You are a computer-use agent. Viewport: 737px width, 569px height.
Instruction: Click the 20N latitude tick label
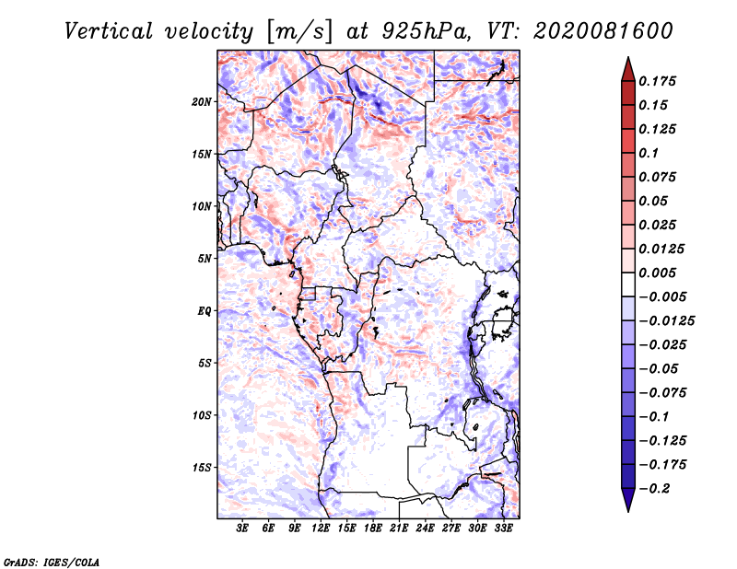tap(202, 101)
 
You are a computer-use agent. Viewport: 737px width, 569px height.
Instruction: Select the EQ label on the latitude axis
tap(205, 311)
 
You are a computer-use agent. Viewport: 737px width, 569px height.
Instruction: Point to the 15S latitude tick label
tap(202, 468)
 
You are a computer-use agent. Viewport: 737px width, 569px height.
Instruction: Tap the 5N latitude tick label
tap(205, 259)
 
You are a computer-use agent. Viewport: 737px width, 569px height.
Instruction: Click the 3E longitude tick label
tap(243, 528)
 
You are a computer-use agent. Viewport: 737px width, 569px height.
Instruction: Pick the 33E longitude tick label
tap(503, 528)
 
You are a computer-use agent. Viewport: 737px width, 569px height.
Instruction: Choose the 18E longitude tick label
tap(373, 528)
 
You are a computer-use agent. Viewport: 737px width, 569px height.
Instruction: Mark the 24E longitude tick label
tap(426, 528)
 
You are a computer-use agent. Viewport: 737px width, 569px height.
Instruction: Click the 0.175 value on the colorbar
tap(660, 81)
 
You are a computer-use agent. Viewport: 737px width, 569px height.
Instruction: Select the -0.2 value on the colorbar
tap(656, 489)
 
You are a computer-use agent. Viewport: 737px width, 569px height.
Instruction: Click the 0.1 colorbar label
tap(651, 153)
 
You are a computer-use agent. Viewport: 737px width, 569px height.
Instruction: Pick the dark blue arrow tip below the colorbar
tap(626, 504)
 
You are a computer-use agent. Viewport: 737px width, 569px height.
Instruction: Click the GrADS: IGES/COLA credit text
tap(40, 561)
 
